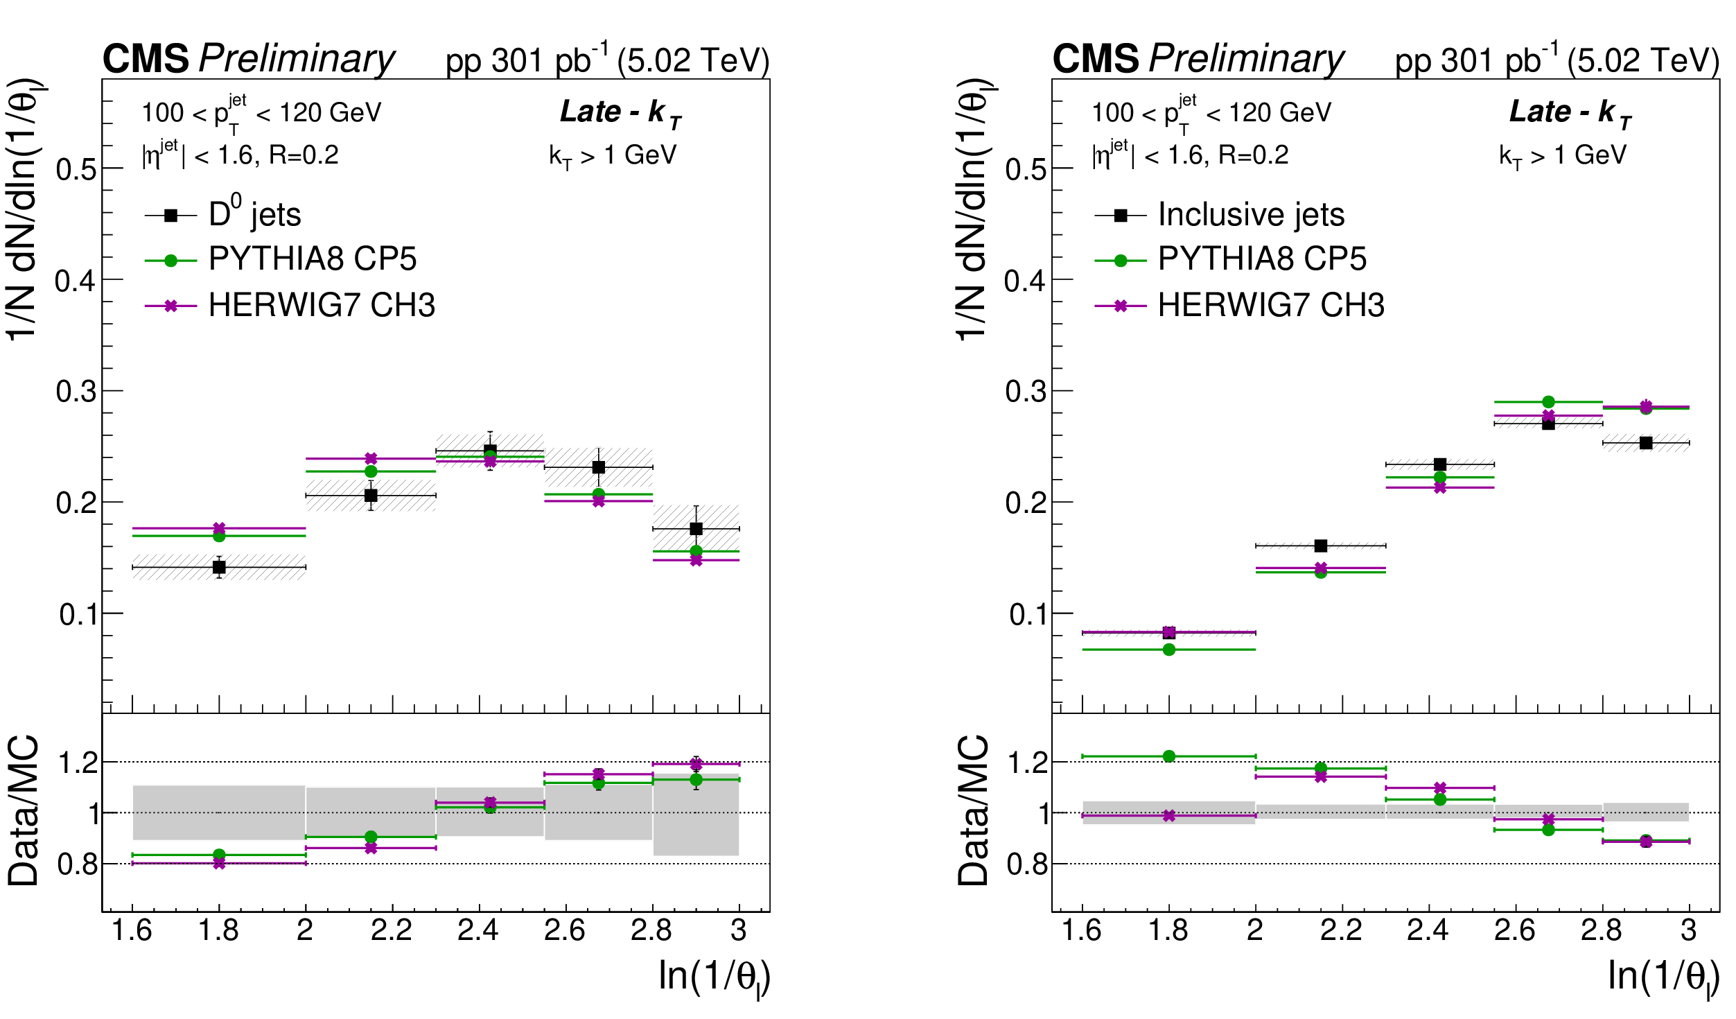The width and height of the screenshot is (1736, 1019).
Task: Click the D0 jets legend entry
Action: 254,215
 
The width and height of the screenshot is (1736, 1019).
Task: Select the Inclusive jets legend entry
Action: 1250,215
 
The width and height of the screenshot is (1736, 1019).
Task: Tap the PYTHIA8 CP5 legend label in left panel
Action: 313,259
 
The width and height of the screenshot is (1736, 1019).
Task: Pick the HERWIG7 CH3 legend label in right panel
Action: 1271,305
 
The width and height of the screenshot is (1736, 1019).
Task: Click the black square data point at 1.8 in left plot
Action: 219,567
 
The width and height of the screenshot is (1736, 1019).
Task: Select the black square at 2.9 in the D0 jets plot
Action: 696,529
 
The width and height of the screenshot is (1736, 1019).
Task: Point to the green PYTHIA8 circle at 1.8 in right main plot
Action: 1169,650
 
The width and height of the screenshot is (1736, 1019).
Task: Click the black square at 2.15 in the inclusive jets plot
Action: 1321,546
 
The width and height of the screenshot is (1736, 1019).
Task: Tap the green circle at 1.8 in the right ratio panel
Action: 1169,756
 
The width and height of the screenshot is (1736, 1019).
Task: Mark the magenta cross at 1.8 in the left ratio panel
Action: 219,863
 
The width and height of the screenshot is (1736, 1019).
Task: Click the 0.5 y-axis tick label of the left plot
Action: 76,169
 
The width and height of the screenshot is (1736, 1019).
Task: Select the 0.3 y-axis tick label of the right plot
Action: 1026,392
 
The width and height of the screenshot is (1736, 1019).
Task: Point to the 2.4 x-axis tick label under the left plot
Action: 478,930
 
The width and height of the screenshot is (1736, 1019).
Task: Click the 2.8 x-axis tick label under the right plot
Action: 1602,930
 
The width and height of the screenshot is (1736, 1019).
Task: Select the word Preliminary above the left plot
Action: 297,58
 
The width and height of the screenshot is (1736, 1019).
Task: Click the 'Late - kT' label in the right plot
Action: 1570,112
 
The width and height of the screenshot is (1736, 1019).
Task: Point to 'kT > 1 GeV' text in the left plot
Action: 613,156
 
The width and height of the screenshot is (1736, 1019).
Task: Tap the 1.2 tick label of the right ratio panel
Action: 1027,763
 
